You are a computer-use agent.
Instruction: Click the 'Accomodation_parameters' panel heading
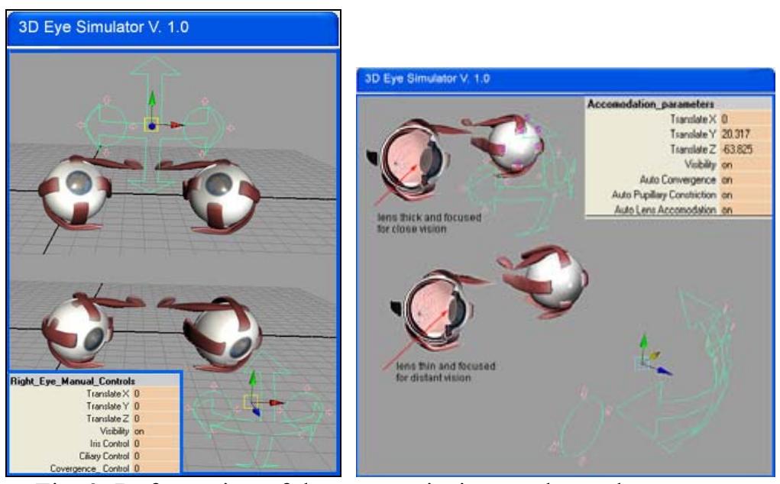point(633,103)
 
